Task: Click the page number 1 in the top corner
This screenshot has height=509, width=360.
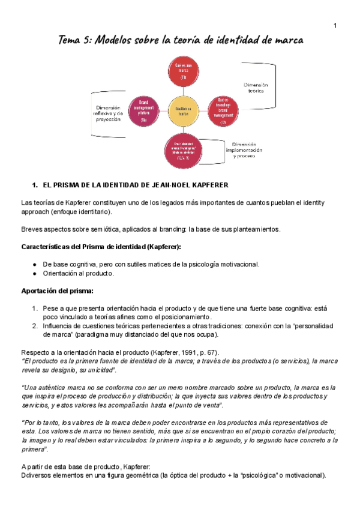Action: coord(334,25)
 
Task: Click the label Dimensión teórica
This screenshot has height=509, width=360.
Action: coord(256,89)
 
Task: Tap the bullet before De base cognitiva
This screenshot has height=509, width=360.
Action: coord(37,264)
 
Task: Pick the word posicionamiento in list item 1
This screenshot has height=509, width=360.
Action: coord(184,316)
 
